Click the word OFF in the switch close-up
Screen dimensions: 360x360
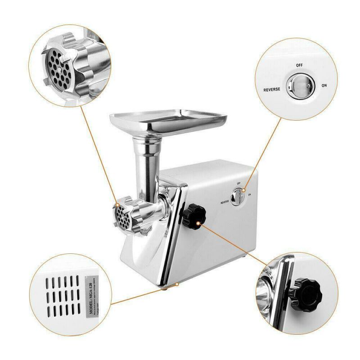click(299, 65)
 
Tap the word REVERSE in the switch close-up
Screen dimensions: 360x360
click(271, 89)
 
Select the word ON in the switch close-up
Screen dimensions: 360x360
click(324, 85)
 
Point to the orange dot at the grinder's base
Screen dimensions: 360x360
click(178, 284)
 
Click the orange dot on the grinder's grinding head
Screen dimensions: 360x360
click(117, 205)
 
